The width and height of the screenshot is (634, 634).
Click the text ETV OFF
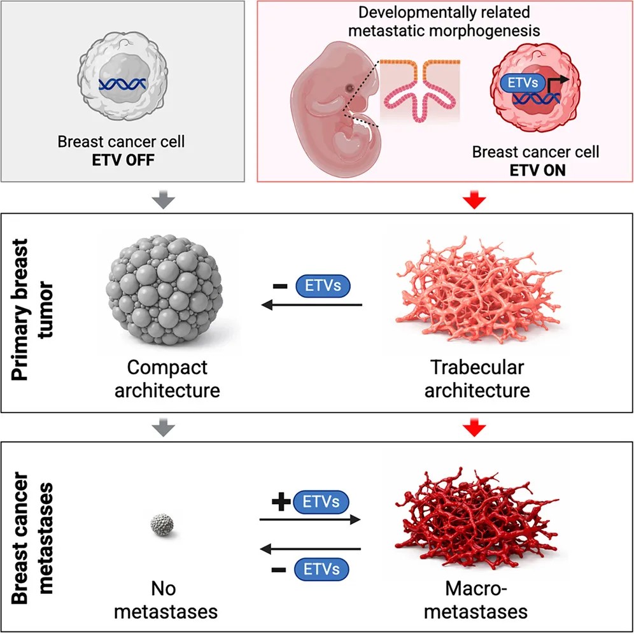121,157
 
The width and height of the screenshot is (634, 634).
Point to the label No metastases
163,602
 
